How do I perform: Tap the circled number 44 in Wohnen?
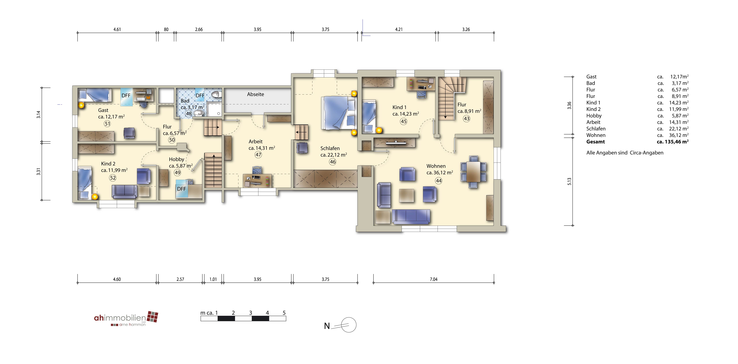(439, 181)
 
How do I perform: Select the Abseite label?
(256, 94)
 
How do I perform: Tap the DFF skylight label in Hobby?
(181, 189)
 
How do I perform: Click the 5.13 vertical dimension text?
(569, 182)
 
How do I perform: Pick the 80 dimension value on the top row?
(166, 29)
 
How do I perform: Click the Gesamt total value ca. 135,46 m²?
(673, 142)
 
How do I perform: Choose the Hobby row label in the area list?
(594, 116)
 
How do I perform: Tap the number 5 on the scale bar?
(284, 313)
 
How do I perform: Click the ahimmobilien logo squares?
(152, 317)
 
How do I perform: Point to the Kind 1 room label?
(399, 107)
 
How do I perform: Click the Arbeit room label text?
(256, 141)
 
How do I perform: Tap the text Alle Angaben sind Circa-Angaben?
(625, 153)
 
